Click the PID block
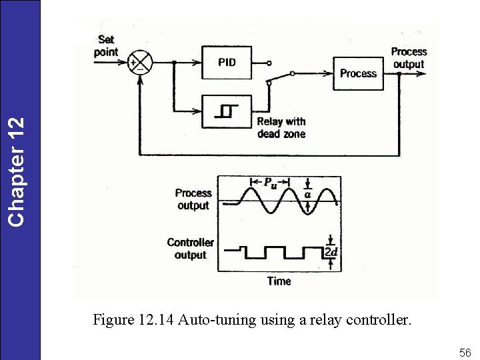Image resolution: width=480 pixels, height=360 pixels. pyautogui.click(x=227, y=63)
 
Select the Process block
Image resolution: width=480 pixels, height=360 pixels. pyautogui.click(x=359, y=73)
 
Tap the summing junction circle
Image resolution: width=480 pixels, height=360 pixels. pyautogui.click(x=141, y=63)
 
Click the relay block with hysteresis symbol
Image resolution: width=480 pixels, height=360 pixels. pyautogui.click(x=227, y=111)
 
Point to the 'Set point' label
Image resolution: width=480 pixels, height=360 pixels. pyautogui.click(x=106, y=46)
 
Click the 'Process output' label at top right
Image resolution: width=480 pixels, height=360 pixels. pyautogui.click(x=409, y=57)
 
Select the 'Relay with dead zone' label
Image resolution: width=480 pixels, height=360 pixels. pyautogui.click(x=281, y=127)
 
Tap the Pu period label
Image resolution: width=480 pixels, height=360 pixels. pyautogui.click(x=271, y=182)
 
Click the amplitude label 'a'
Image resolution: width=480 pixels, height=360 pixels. pyautogui.click(x=308, y=194)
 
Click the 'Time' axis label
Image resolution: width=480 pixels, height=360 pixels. pyautogui.click(x=279, y=281)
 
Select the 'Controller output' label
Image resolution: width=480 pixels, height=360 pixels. pyautogui.click(x=190, y=249)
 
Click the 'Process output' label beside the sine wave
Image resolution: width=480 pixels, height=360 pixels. pyautogui.click(x=193, y=199)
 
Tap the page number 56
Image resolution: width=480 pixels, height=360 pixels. pyautogui.click(x=465, y=352)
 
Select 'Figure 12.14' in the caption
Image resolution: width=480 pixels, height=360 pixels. pyautogui.click(x=133, y=320)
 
